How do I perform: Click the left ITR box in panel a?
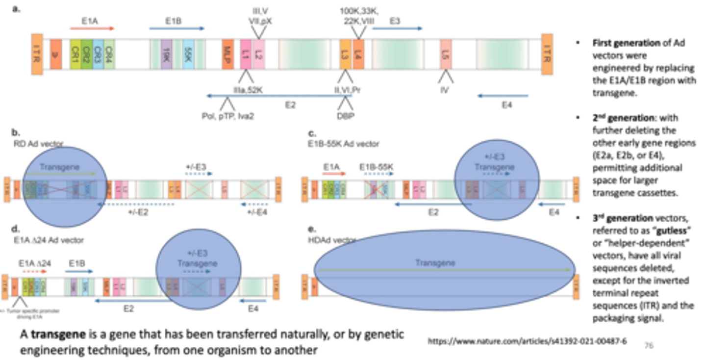(x=37, y=54)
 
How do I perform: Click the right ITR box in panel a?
(x=547, y=54)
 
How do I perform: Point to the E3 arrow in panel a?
(x=397, y=28)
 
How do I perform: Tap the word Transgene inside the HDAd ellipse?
(x=435, y=263)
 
